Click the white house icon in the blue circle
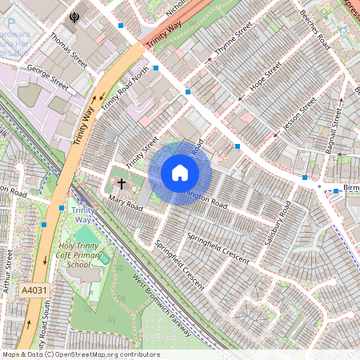tap(180, 172)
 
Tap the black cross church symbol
tap(122, 183)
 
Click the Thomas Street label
tap(68, 47)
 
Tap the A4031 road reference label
tap(34, 290)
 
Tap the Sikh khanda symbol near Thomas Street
tap(75, 16)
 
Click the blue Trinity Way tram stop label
tap(82, 215)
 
